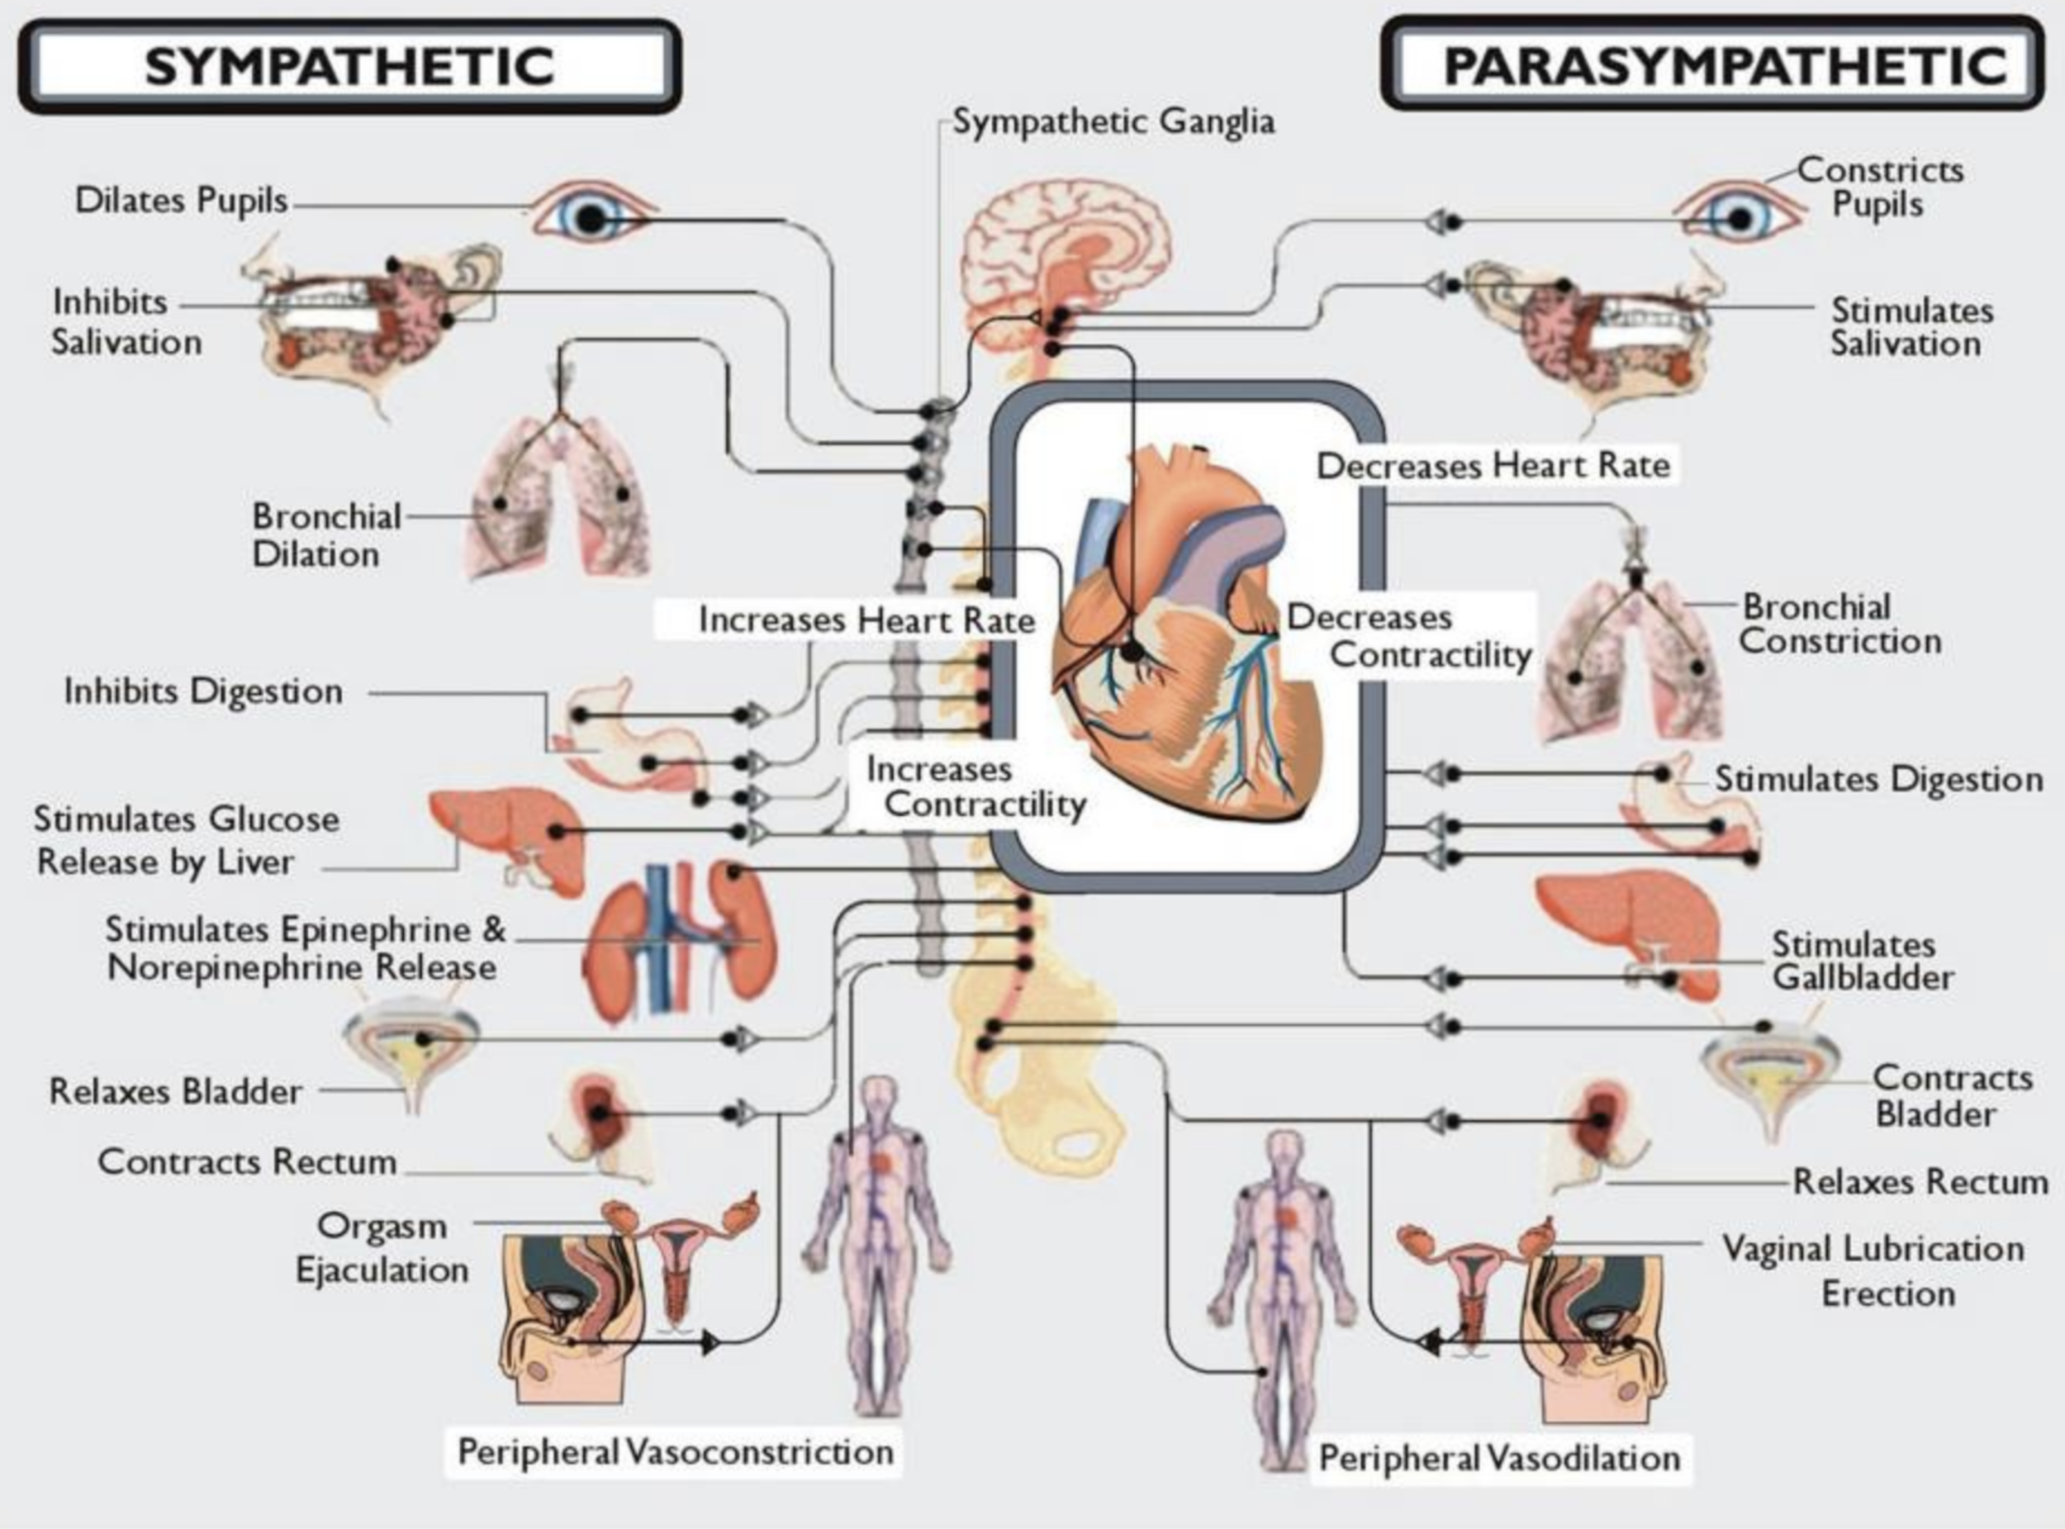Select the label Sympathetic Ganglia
click(1113, 121)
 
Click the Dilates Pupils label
click(182, 201)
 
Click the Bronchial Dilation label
click(325, 535)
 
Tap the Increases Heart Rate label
click(866, 620)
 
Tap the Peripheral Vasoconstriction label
click(676, 1451)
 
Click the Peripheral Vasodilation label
click(1499, 1458)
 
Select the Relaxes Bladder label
click(176, 1091)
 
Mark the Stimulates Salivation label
click(1910, 327)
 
